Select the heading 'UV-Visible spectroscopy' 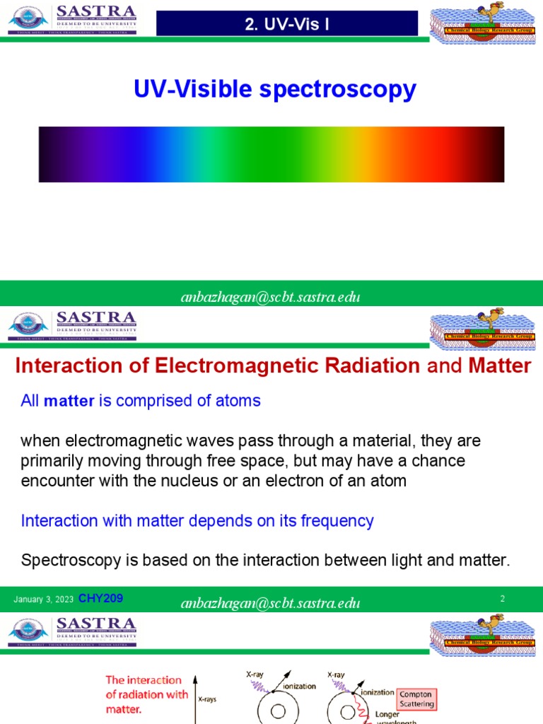275,90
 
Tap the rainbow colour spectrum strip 271,154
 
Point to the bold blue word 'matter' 69,401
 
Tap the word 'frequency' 336,521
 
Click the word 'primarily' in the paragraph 49,462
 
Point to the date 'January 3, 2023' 43,600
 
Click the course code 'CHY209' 100,599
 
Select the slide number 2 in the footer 502,599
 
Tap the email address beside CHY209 271,603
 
